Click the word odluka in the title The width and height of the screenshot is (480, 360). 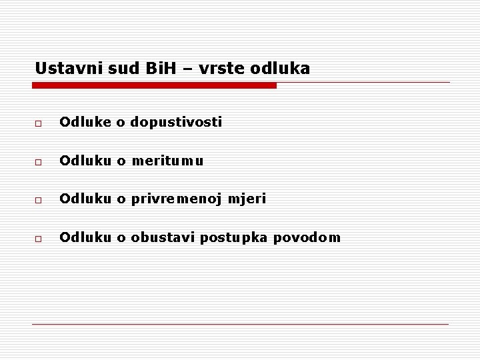[x=285, y=68]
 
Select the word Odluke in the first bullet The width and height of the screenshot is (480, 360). [x=83, y=122]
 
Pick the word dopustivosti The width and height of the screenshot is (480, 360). [x=177, y=122]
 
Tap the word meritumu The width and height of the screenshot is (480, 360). [x=166, y=161]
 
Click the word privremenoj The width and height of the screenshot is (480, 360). [x=177, y=199]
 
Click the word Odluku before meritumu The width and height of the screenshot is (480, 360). [x=83, y=161]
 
